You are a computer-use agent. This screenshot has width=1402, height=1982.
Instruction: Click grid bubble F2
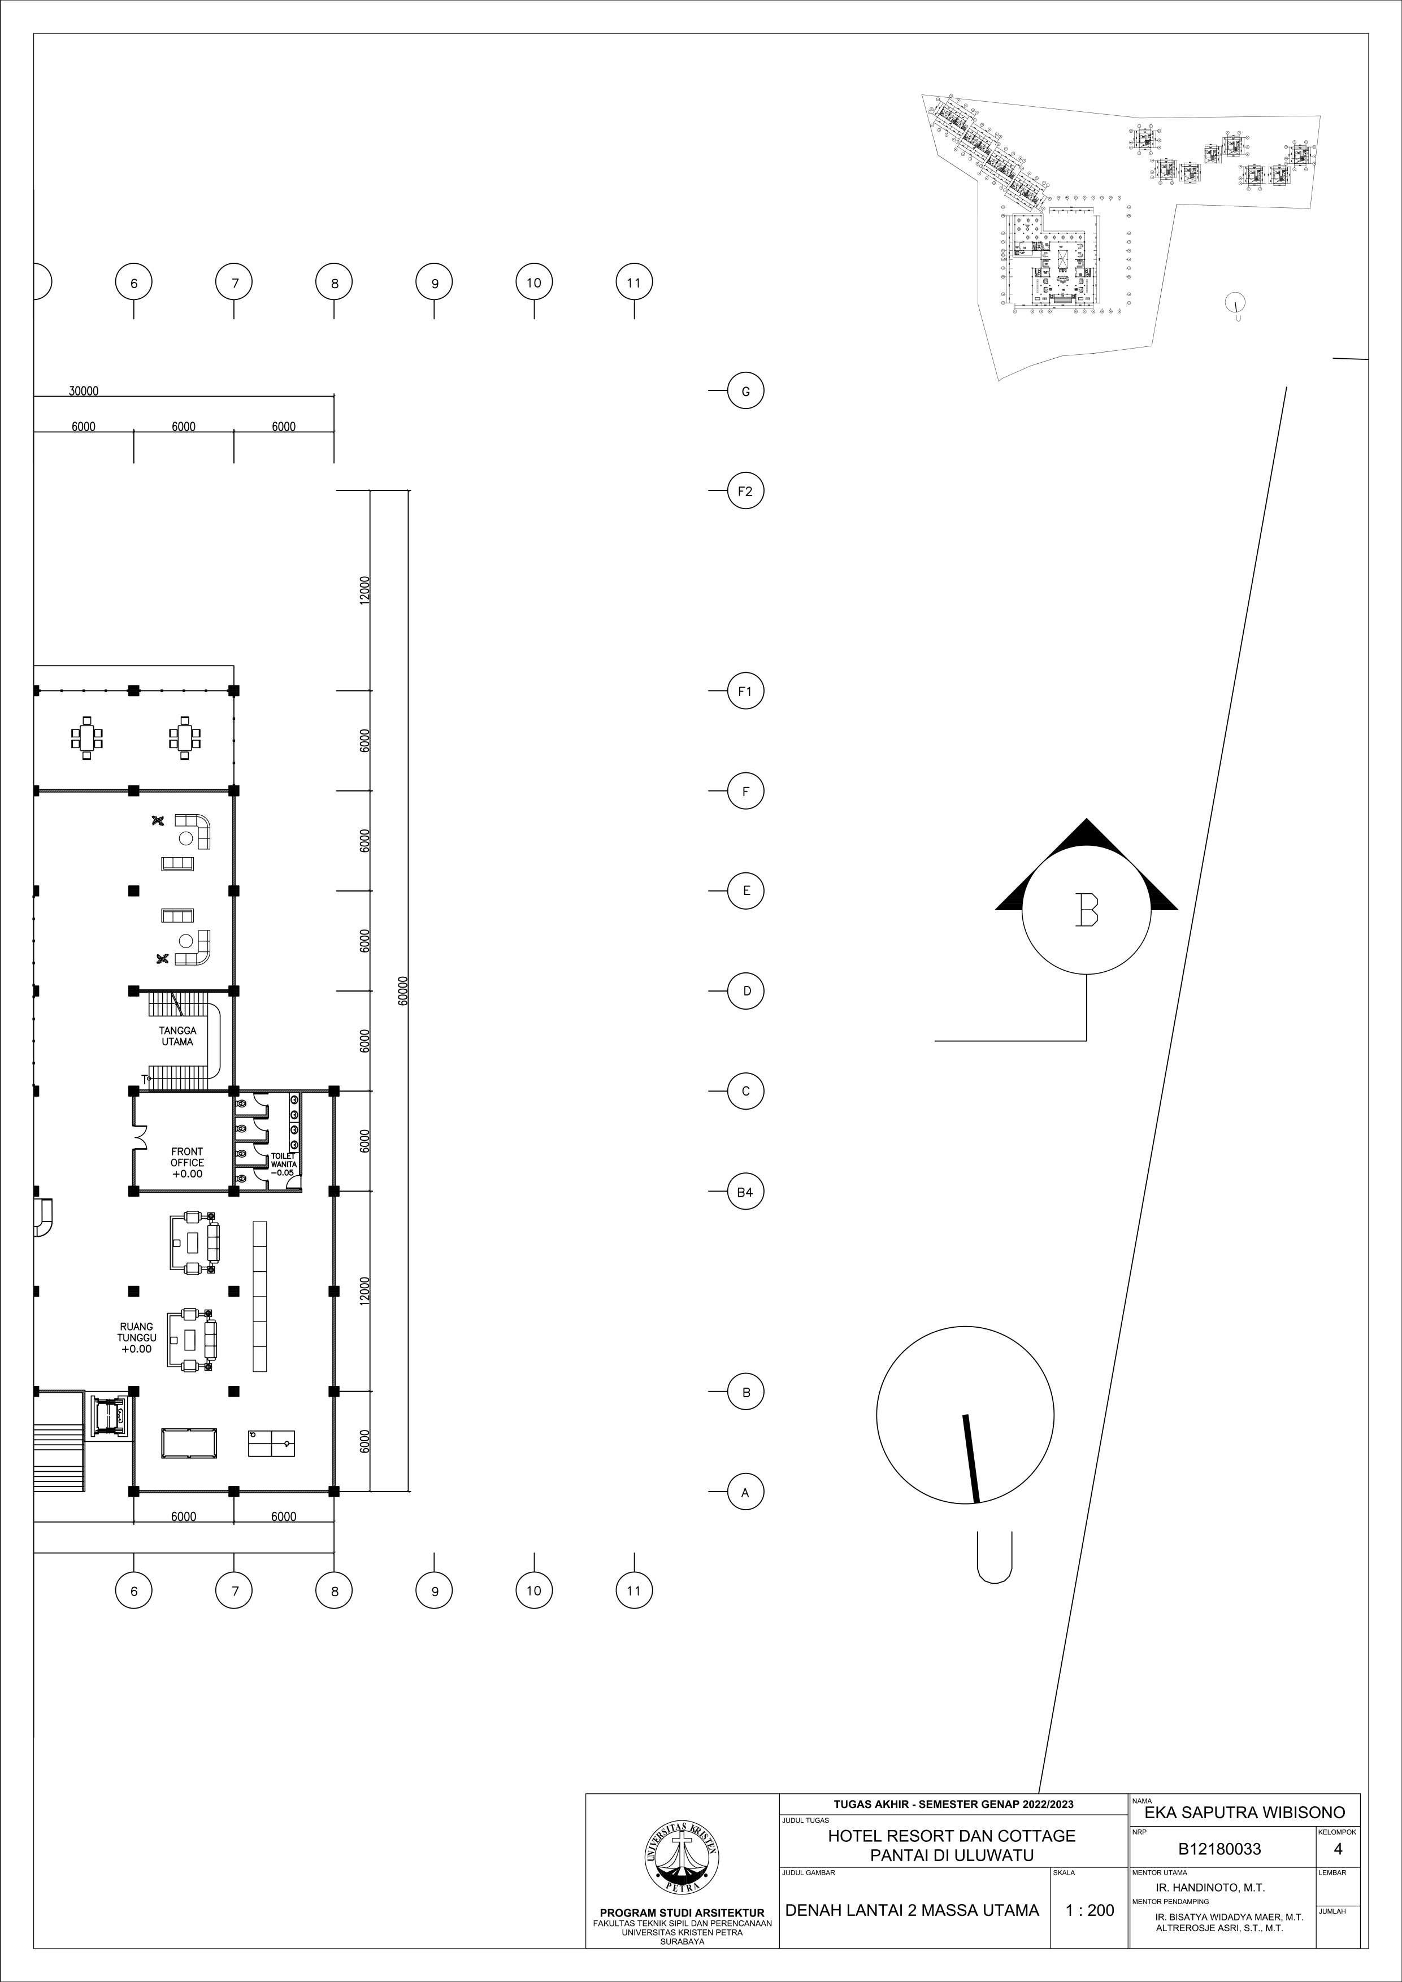point(745,491)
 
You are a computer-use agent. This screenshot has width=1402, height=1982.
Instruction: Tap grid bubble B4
point(745,1192)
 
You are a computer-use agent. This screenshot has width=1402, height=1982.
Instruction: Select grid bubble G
point(745,391)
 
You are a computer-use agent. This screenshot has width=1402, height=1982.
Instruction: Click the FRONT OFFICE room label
point(186,1163)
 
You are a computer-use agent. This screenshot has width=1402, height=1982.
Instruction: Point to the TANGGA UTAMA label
point(177,1036)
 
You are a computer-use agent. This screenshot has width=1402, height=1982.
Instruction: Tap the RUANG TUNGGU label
point(136,1338)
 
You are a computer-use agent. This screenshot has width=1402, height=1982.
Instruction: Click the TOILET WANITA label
point(283,1164)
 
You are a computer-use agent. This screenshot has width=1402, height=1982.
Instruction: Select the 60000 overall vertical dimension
point(403,991)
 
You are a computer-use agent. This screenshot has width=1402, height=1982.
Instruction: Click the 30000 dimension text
point(84,391)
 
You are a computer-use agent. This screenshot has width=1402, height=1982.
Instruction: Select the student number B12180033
point(1219,1849)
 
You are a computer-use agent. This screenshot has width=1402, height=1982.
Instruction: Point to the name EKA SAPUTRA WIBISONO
point(1244,1813)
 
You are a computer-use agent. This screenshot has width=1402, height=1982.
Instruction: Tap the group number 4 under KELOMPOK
point(1337,1849)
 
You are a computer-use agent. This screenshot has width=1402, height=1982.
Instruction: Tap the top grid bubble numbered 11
point(633,282)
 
